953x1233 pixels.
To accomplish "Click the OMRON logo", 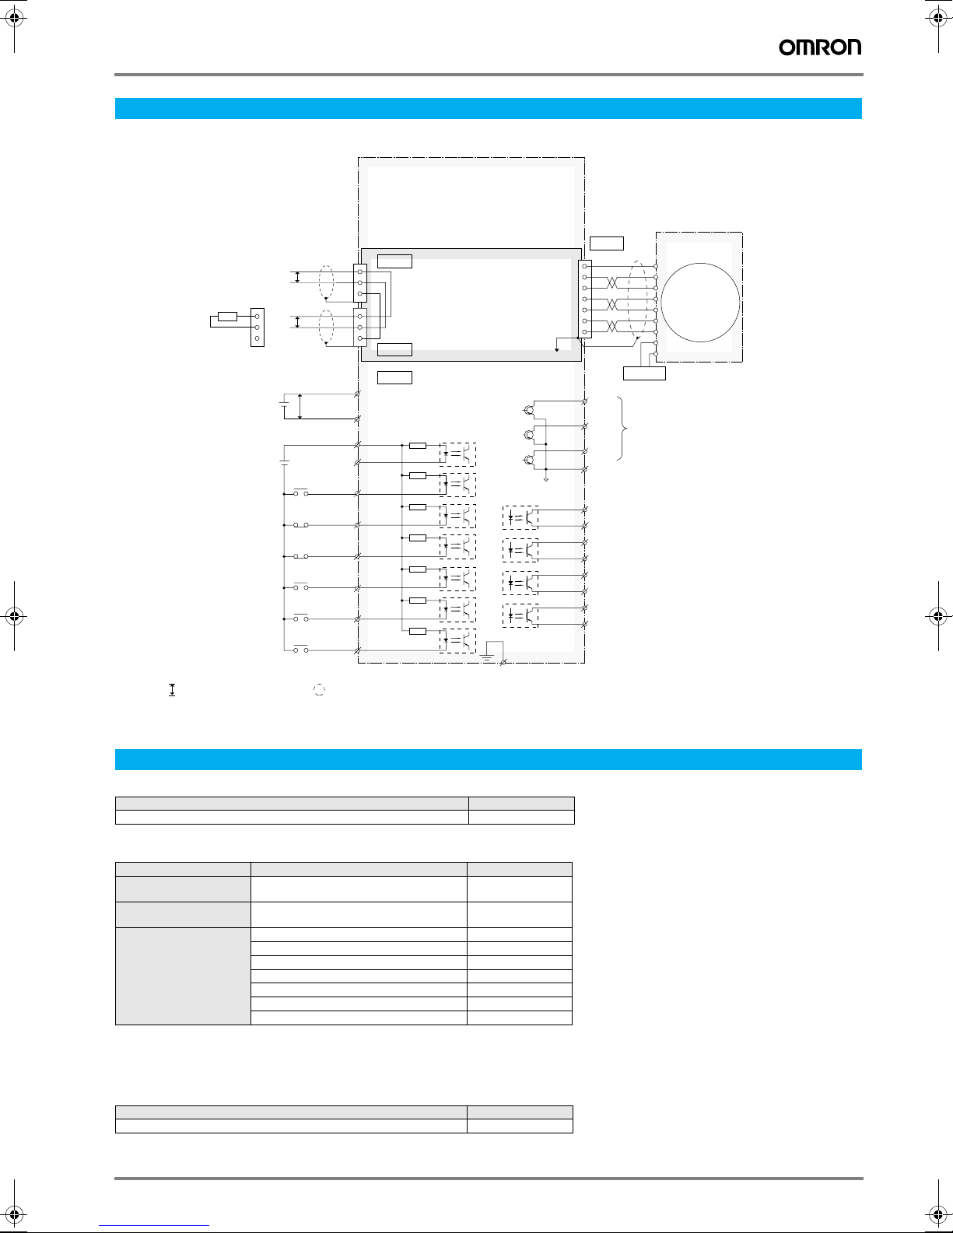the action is tap(820, 47).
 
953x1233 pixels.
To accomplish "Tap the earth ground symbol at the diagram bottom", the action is tap(487, 657).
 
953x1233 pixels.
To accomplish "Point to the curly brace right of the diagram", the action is tap(622, 428).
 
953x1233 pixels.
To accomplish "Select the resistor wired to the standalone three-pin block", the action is tap(227, 317).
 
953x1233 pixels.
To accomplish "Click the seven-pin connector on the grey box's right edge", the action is tap(585, 299).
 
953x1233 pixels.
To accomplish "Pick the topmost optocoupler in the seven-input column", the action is tap(457, 454).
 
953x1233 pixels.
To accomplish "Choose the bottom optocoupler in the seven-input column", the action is tap(457, 640).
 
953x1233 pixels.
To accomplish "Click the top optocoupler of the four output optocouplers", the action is tap(520, 517).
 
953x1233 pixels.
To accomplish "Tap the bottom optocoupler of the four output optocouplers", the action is tap(520, 615).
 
